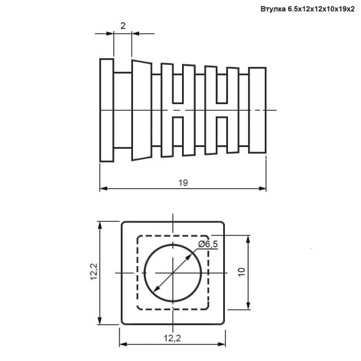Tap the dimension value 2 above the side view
(x=123, y=26)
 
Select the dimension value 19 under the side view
(x=183, y=182)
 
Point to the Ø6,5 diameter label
(x=208, y=244)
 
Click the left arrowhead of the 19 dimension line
(x=103, y=189)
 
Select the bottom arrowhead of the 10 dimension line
(x=248, y=306)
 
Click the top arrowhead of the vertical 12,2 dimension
(x=100, y=224)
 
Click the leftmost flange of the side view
(x=107, y=110)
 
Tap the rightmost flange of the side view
(x=257, y=110)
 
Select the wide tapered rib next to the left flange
(x=142, y=110)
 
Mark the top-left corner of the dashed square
(x=138, y=237)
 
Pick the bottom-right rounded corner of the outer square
(x=222, y=322)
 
